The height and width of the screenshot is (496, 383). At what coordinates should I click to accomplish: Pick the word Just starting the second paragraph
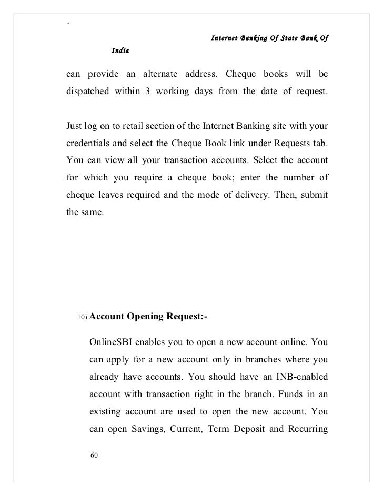click(x=74, y=125)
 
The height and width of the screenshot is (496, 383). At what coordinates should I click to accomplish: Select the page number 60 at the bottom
click(x=94, y=455)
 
